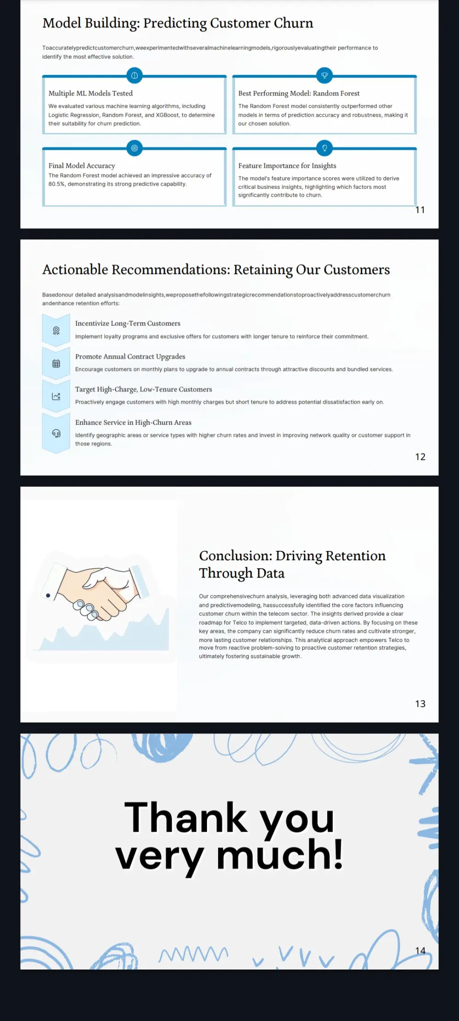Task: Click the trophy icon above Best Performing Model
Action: pos(325,75)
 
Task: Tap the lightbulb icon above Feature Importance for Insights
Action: pos(325,148)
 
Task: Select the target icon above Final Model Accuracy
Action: pos(134,148)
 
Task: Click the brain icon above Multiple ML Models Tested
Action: pos(134,75)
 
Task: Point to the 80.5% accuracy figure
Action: pos(56,184)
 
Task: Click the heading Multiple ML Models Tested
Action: pos(90,93)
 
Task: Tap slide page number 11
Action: pos(420,210)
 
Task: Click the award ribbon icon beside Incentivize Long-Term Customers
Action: pos(56,330)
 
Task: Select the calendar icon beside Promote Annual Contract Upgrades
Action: pos(56,363)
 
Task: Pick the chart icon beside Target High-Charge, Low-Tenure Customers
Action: pos(56,396)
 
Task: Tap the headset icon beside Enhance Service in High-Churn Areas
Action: pos(56,433)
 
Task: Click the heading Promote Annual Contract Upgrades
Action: pos(130,357)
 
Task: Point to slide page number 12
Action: pos(420,457)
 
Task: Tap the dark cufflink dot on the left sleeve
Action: pos(48,596)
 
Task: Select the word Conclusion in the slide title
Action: pos(235,556)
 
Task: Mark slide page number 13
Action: pos(420,704)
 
